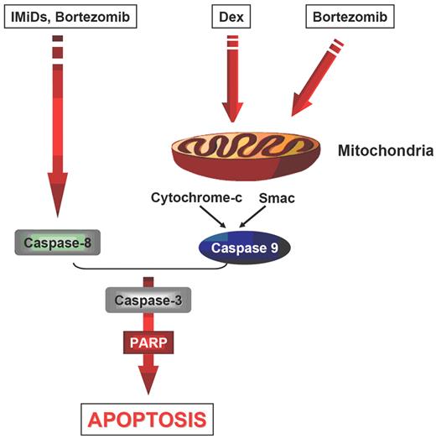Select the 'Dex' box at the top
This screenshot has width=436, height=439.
pyautogui.click(x=232, y=15)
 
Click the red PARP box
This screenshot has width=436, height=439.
pyautogui.click(x=148, y=342)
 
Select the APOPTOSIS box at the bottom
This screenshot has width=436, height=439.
pyautogui.click(x=148, y=417)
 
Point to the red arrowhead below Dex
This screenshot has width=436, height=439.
pyautogui.click(x=232, y=112)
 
